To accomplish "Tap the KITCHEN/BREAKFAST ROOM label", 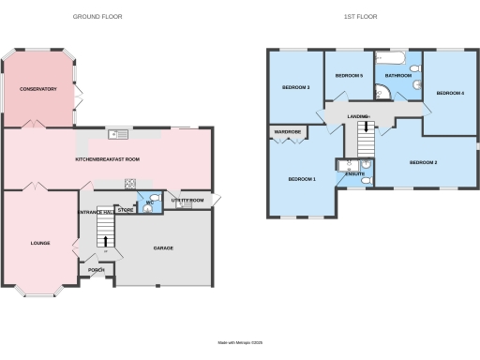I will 108,160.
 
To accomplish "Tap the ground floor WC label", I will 150,202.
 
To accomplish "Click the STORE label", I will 126,211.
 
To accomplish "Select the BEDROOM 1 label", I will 302,179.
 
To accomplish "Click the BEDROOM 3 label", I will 296,88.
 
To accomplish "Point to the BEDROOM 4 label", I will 451,93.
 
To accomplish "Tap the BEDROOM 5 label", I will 349,75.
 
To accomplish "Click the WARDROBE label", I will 287,132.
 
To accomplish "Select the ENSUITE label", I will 354,173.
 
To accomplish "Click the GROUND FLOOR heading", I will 97,17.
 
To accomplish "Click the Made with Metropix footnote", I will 239,341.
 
